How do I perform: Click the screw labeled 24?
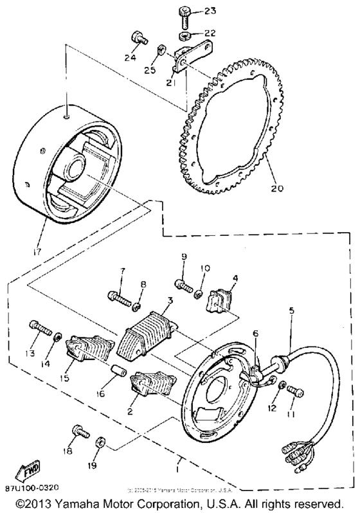[x=136, y=36]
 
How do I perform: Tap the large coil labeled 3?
[x=147, y=334]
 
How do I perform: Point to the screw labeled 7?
[x=120, y=298]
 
